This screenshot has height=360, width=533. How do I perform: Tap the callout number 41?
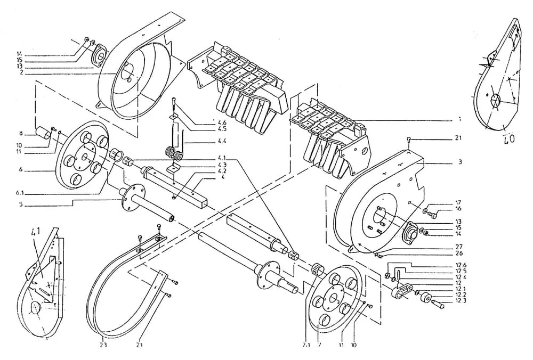pyautogui.click(x=37, y=232)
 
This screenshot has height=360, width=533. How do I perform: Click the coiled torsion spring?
pyautogui.click(x=175, y=152)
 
